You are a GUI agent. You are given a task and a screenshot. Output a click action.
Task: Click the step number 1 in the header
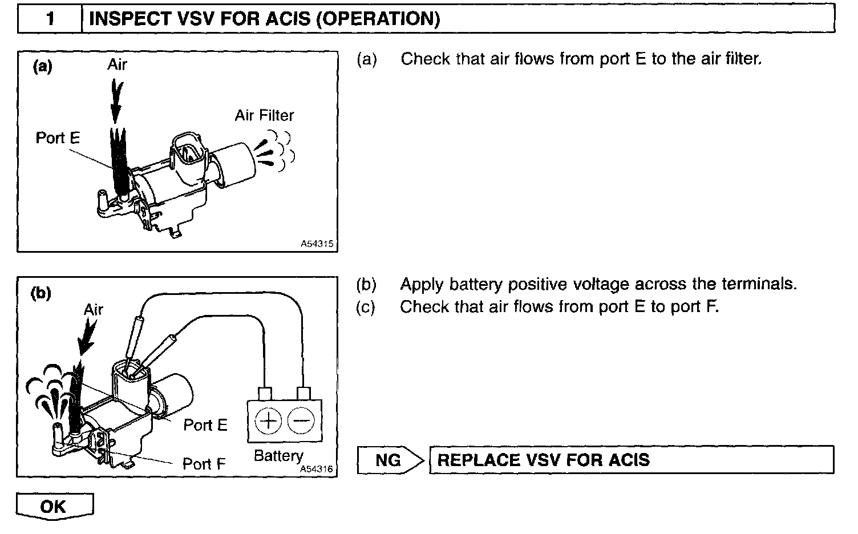(x=50, y=18)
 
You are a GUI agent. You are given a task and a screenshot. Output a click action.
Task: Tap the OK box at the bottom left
(x=54, y=506)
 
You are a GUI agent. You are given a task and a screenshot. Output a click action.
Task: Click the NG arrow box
(x=390, y=460)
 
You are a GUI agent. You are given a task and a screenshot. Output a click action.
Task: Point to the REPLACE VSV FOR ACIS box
(x=631, y=460)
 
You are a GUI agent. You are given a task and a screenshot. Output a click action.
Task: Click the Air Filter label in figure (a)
(x=264, y=116)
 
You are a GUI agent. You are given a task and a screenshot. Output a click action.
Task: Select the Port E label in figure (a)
(x=58, y=138)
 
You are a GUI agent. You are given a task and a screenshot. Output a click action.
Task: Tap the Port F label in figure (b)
(x=204, y=464)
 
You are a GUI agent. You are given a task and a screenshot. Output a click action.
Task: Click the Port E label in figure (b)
(x=205, y=425)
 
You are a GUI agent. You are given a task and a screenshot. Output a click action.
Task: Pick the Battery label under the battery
(x=278, y=456)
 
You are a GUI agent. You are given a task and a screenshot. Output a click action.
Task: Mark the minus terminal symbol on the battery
(x=301, y=422)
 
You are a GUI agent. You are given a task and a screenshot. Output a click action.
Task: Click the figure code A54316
(x=316, y=469)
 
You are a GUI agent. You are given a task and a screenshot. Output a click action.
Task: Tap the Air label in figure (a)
(x=117, y=64)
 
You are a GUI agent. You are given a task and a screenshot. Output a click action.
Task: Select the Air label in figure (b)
(x=94, y=310)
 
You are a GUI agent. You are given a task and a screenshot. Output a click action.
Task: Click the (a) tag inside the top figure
(x=43, y=67)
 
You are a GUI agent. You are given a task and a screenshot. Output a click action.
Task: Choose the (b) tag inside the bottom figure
(x=41, y=293)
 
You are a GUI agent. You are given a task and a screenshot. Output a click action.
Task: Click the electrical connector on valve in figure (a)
(x=187, y=151)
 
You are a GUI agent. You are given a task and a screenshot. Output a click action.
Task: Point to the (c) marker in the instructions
(x=366, y=307)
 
